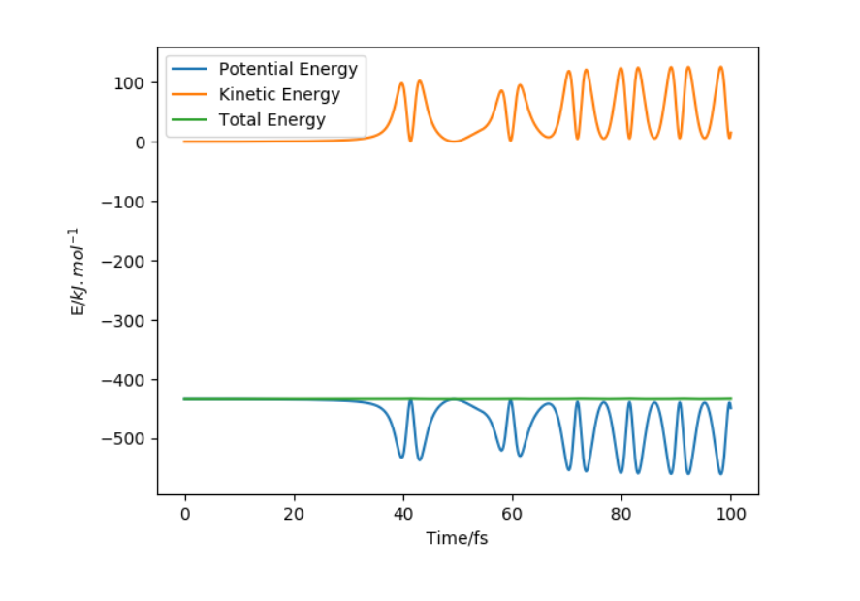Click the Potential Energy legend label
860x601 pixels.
(288, 70)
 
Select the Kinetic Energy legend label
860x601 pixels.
(279, 95)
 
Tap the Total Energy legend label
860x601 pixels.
(271, 120)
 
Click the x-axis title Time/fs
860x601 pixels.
(457, 538)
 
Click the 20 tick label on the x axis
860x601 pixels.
(294, 513)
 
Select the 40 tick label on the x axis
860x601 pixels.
(403, 513)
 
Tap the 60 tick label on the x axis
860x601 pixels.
(512, 513)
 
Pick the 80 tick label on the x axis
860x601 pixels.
(621, 513)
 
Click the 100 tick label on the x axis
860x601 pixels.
(731, 513)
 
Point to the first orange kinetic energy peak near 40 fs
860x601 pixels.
(401, 84)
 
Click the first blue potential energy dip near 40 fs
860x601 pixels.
(401, 457)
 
